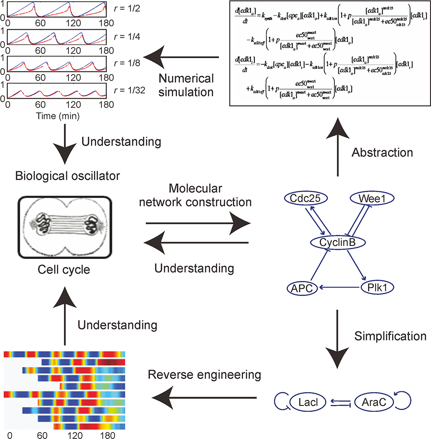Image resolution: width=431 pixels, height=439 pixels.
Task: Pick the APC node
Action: pos(302,287)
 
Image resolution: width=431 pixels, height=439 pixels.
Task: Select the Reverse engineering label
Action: pos(204,374)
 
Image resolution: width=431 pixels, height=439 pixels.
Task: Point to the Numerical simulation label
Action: pos(187,85)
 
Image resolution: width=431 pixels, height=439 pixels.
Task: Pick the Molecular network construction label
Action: pos(198,195)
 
